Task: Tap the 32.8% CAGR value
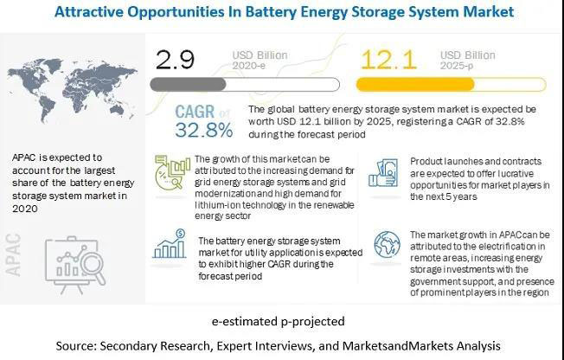[x=204, y=131]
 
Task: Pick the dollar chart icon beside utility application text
[x=170, y=245]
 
